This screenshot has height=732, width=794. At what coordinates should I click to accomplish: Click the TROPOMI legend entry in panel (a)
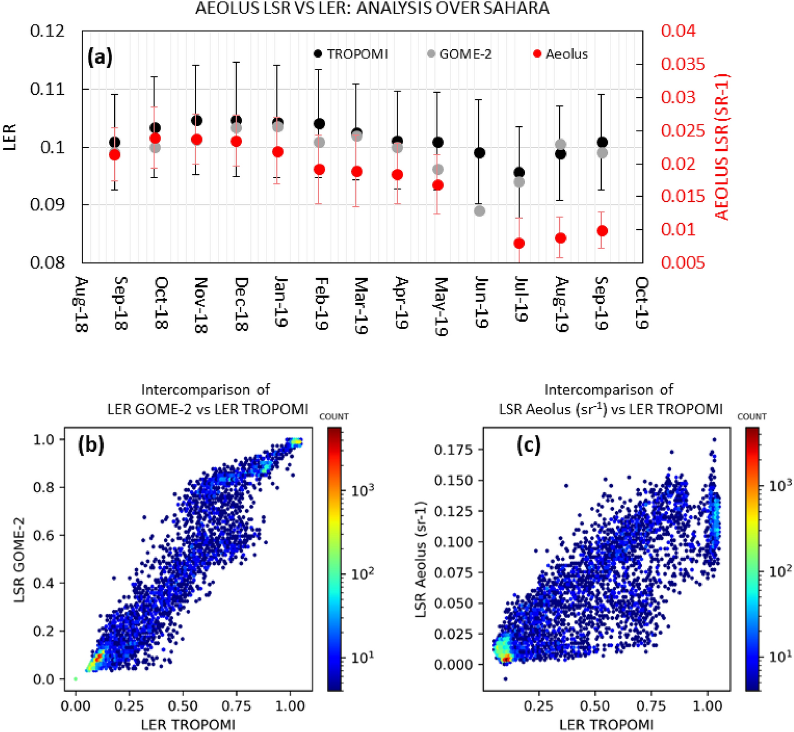(x=350, y=54)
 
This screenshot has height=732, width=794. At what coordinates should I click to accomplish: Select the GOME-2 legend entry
(x=459, y=54)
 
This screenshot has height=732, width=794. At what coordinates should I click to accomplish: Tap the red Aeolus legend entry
(x=560, y=54)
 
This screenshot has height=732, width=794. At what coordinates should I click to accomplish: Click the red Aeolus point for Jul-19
(x=519, y=243)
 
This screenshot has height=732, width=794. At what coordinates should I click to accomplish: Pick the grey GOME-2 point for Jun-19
(x=479, y=211)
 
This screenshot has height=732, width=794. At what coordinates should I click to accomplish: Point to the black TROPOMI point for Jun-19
(x=479, y=152)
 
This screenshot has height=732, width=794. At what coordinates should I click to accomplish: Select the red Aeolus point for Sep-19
(x=602, y=231)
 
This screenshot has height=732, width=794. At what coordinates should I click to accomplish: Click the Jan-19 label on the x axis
(x=280, y=302)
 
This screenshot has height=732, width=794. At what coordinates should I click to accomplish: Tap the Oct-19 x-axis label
(x=642, y=303)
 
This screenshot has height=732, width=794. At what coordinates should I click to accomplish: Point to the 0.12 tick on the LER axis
(x=48, y=31)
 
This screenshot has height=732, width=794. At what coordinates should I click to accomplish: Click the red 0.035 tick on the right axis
(x=682, y=64)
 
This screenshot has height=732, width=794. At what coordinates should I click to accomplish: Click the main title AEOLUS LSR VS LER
(x=372, y=8)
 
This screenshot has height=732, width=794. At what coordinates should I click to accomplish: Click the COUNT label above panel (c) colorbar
(x=751, y=416)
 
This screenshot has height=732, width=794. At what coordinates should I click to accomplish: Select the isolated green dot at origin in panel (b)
(x=76, y=679)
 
